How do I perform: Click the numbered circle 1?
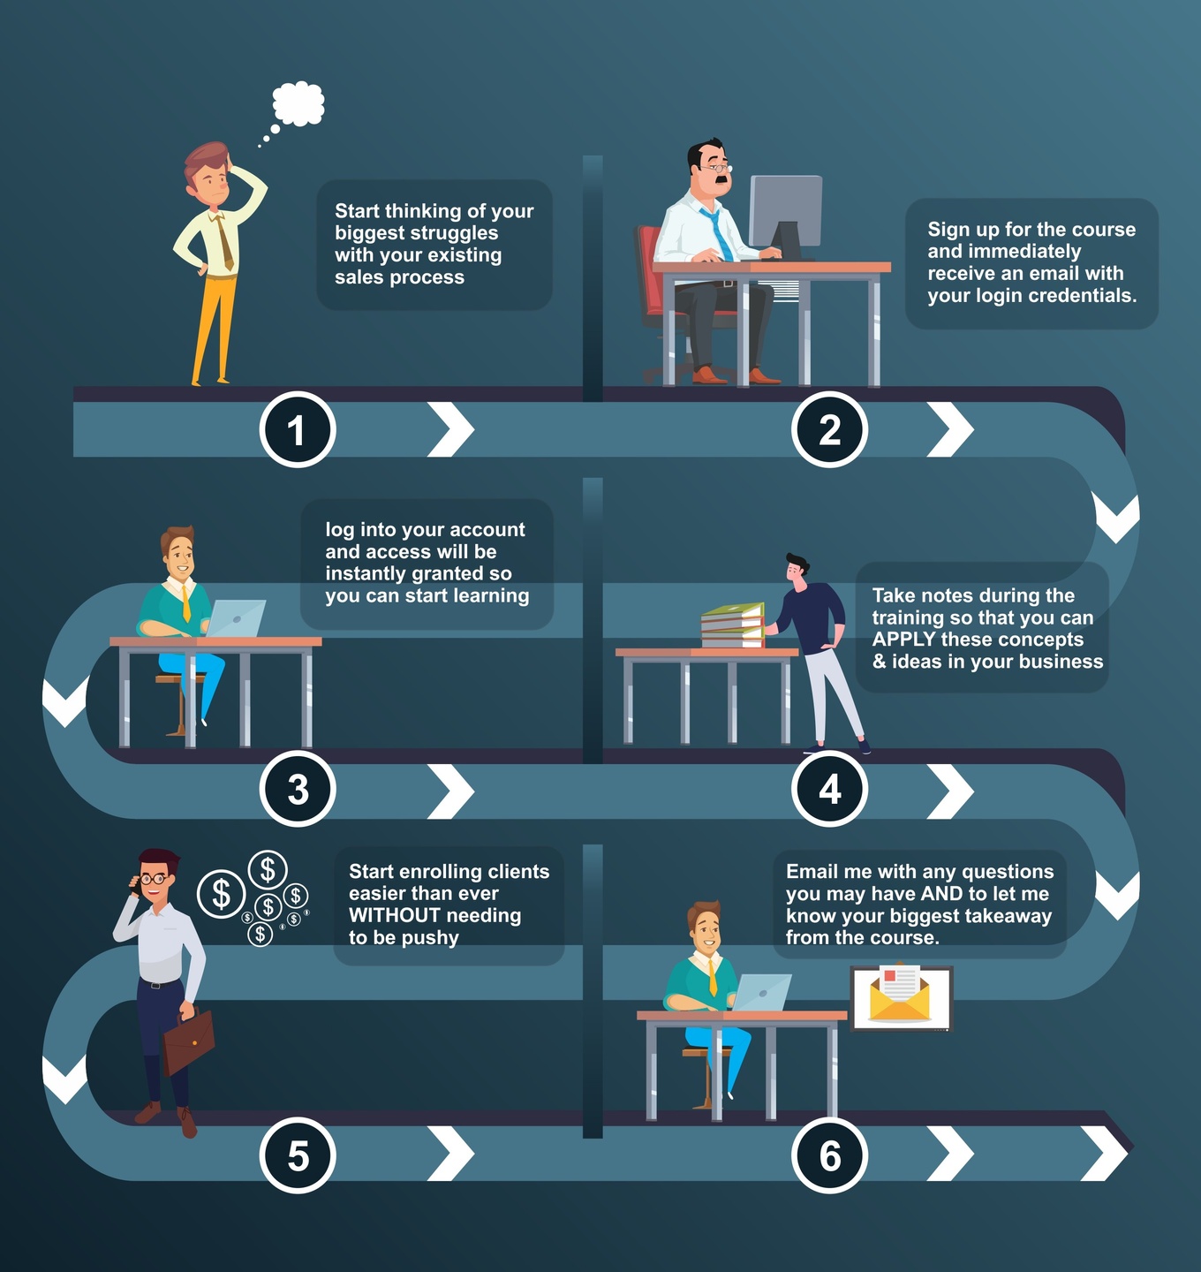click(298, 430)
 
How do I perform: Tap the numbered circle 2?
click(829, 430)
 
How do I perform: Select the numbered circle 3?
click(298, 789)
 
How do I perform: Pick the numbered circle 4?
click(829, 789)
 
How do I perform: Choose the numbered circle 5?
click(298, 1155)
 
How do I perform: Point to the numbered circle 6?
click(829, 1155)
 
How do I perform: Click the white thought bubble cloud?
click(298, 103)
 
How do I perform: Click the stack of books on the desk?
click(732, 625)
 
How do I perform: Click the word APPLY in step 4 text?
click(903, 640)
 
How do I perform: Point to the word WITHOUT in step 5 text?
click(394, 916)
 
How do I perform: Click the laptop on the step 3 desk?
click(235, 618)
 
